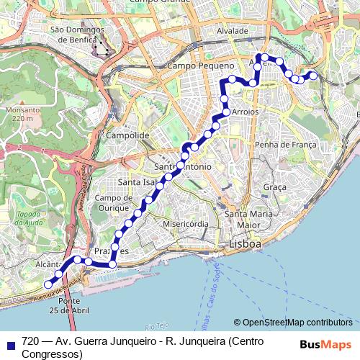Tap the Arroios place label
click(244, 112)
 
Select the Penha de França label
click(286, 145)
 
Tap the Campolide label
click(127, 135)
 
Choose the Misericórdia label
click(186, 224)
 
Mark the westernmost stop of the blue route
click(48, 284)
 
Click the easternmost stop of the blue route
click(313, 75)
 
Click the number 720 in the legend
click(30, 341)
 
